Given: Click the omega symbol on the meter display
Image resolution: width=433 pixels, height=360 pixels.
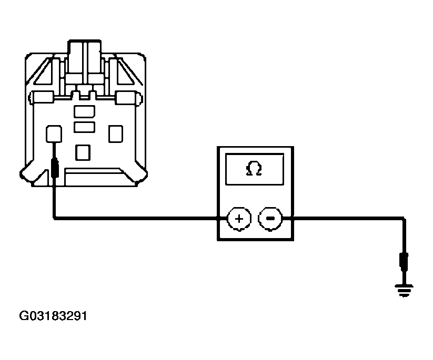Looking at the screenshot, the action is click(254, 169).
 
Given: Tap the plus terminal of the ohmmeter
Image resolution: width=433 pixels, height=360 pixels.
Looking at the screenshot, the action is click(239, 219).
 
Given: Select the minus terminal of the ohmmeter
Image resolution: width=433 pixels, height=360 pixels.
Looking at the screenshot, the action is click(270, 219).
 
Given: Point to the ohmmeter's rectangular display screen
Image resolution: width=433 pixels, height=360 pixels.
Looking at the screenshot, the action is click(255, 169).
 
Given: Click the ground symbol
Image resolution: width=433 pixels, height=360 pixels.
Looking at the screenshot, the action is click(404, 291).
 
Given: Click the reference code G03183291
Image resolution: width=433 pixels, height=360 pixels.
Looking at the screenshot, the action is click(53, 316).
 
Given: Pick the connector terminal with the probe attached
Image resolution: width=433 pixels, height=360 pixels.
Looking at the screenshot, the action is click(54, 134).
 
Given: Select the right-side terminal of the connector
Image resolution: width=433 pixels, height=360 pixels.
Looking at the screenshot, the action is click(116, 134).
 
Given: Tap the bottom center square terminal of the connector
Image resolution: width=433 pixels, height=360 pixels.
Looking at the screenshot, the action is click(83, 152).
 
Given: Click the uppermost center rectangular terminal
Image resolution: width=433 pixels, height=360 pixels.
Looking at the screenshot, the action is click(85, 111).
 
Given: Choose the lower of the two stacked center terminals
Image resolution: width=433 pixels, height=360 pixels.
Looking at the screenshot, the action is click(85, 127).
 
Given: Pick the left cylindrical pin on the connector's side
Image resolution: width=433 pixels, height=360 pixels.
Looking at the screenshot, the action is click(42, 98).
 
